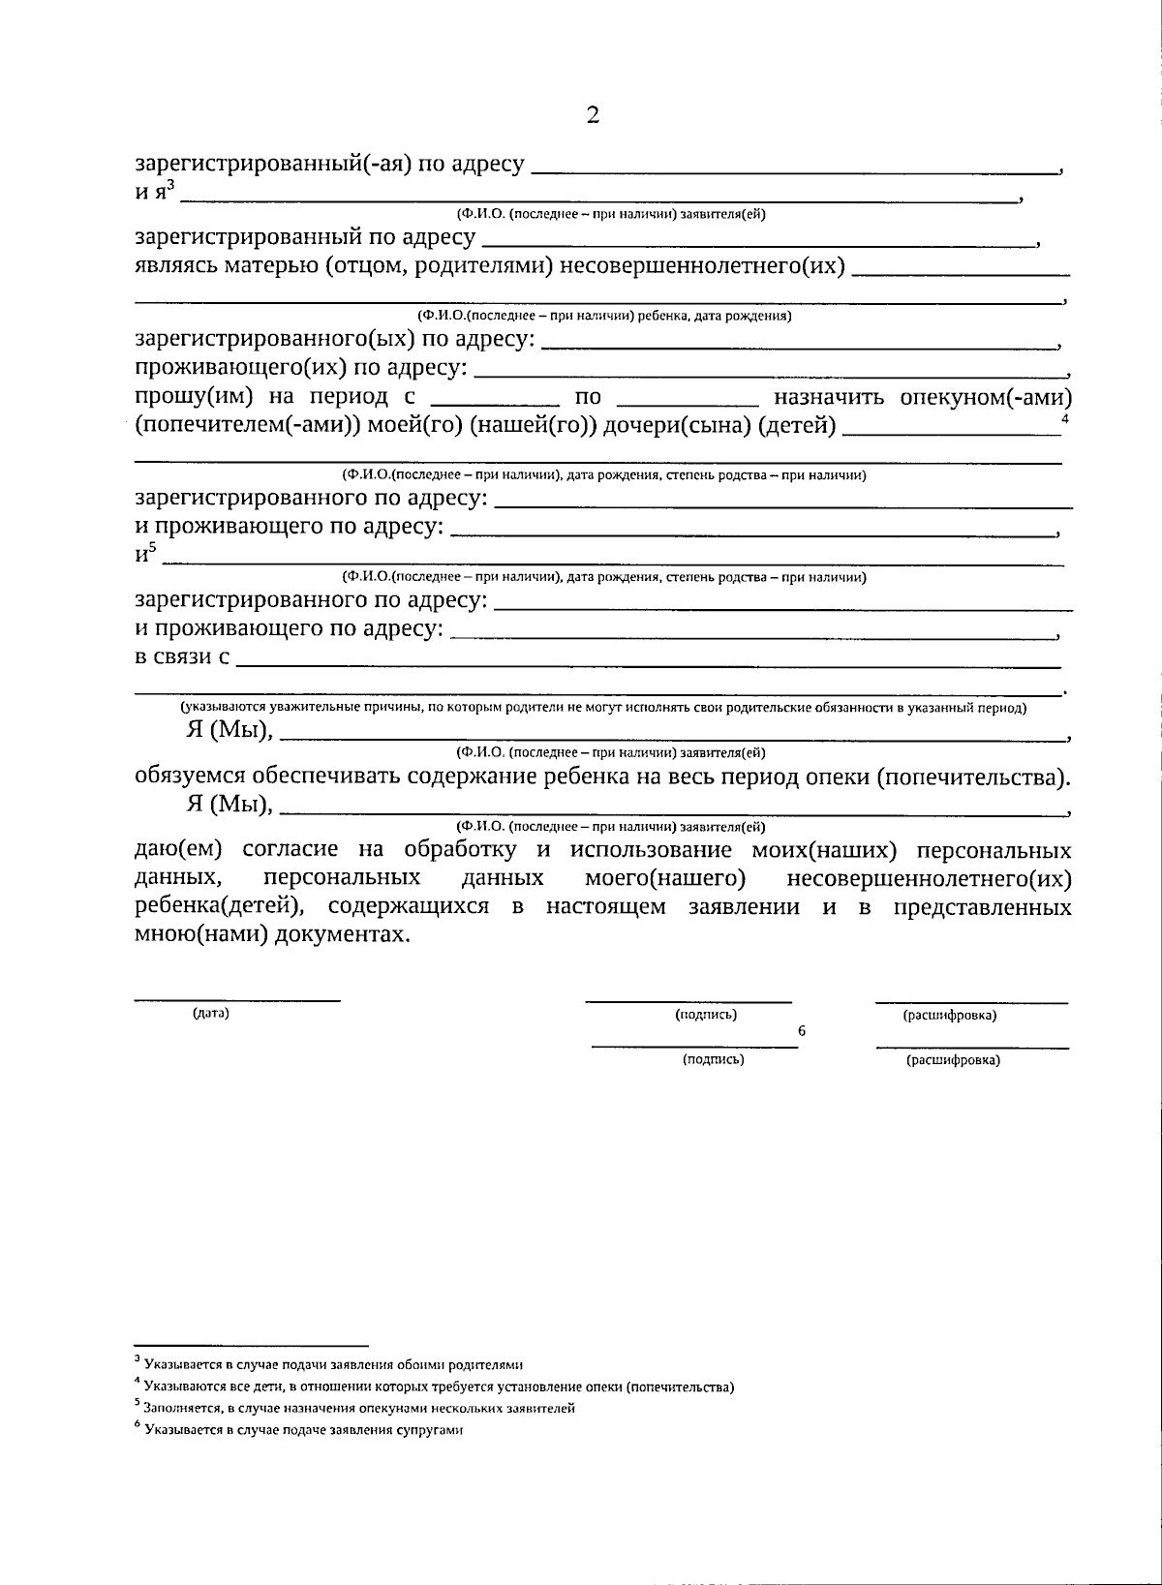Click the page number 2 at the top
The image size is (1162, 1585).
tap(593, 115)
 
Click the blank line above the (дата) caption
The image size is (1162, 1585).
tap(236, 998)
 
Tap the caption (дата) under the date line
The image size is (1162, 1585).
tap(211, 1014)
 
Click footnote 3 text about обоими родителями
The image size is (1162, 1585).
tap(329, 1365)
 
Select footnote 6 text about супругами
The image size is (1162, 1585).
tap(300, 1430)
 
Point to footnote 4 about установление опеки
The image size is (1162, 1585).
tap(436, 1387)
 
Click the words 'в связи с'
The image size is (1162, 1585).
tap(182, 657)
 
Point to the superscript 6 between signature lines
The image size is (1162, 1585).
tap(802, 1031)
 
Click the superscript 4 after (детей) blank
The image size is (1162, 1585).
tap(1065, 419)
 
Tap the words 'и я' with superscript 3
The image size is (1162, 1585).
tap(153, 191)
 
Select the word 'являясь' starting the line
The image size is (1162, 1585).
tap(172, 266)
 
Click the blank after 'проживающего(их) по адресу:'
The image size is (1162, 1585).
tap(770, 372)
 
